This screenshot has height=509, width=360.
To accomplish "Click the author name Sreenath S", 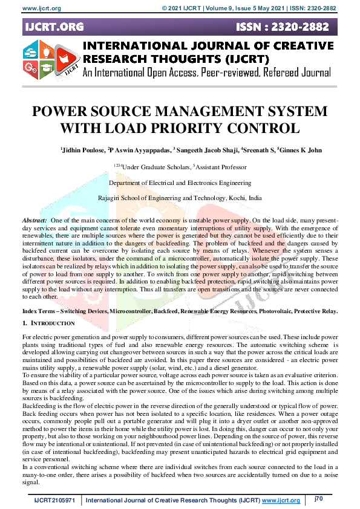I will (x=258, y=150).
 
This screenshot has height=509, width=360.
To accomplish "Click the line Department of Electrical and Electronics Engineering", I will (x=180, y=183).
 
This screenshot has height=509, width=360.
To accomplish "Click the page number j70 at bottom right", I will (x=318, y=499).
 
